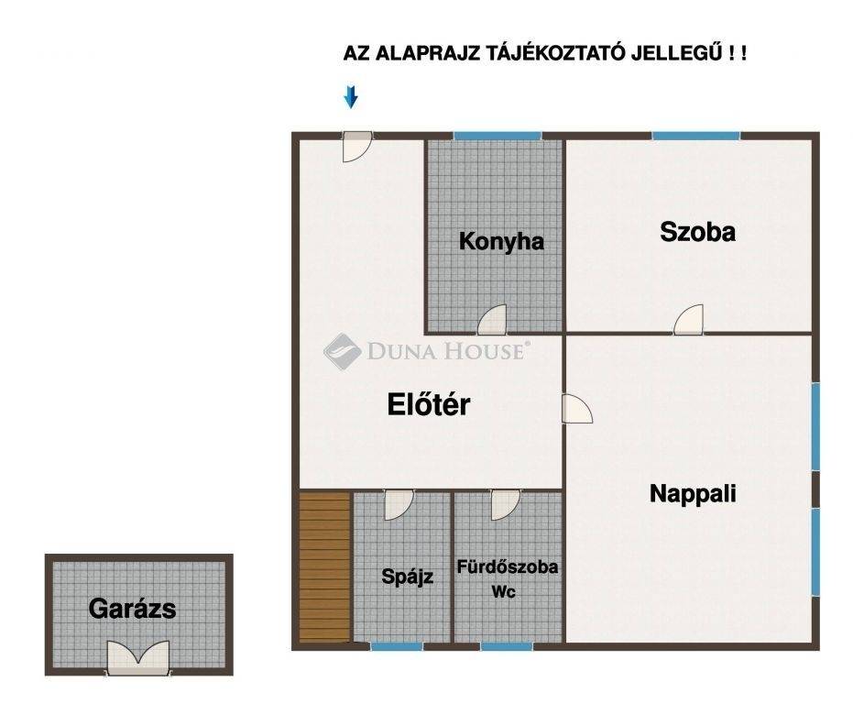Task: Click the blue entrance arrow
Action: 351,97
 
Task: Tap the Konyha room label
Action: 501,242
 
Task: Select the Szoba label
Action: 697,232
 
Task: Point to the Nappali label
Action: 693,494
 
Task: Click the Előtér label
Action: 429,404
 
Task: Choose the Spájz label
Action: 407,577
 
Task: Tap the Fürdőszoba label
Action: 507,567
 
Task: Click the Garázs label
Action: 132,609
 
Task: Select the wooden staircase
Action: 324,566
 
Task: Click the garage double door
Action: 138,657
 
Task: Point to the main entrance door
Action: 357,147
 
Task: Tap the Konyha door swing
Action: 492,320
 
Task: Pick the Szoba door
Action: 688,320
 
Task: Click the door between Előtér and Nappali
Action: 577,408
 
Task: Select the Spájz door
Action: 399,505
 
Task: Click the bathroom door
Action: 506,505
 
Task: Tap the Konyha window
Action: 498,136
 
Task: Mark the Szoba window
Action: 696,136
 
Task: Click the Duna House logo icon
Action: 342,352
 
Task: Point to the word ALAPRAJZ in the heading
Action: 428,53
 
